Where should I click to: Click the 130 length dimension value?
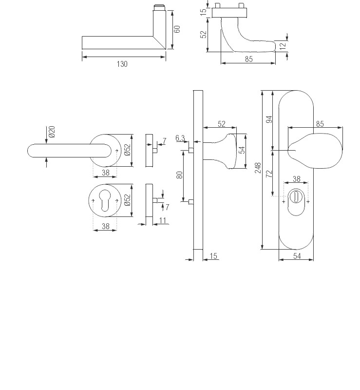pyautogui.click(x=122, y=64)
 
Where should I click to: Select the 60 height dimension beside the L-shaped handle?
pyautogui.click(x=177, y=29)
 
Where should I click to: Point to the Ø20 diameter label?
pyautogui.click(x=52, y=132)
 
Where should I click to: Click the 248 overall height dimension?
pyautogui.click(x=258, y=168)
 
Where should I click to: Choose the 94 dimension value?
pyautogui.click(x=269, y=119)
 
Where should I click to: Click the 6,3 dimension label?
pyautogui.click(x=180, y=138)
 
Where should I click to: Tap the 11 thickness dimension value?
pyautogui.click(x=162, y=221)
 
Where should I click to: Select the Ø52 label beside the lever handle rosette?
pyautogui.click(x=128, y=150)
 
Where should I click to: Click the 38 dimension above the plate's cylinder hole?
pyautogui.click(x=296, y=179)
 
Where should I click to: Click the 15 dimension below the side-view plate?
pyautogui.click(x=213, y=256)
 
